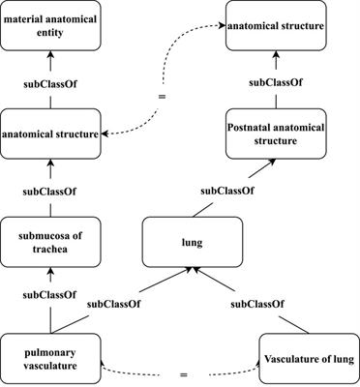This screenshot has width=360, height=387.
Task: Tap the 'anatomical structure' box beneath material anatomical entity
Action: [49, 134]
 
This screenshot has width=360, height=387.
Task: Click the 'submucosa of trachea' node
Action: [49, 242]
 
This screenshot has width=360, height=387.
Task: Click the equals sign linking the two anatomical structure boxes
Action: [162, 97]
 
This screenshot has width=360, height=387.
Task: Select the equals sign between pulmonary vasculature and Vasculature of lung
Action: [179, 371]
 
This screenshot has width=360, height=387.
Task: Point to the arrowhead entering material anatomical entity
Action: [49, 56]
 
